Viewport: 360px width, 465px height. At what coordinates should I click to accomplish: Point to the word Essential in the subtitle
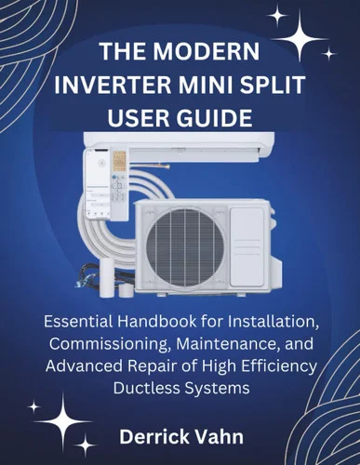coord(78,322)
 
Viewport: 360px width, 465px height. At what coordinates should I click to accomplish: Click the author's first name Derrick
coord(153,437)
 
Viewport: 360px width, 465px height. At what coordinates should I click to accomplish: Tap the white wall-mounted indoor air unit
coord(180,145)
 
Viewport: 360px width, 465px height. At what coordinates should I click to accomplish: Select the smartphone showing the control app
coord(97,184)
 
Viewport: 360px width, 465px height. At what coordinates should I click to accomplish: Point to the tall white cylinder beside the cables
coord(107,277)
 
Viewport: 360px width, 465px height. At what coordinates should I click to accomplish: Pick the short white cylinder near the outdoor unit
coord(126,291)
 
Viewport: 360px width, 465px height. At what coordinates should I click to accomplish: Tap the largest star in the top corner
coord(300,39)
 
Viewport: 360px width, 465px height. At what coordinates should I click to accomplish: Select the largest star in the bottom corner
coord(63,422)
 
